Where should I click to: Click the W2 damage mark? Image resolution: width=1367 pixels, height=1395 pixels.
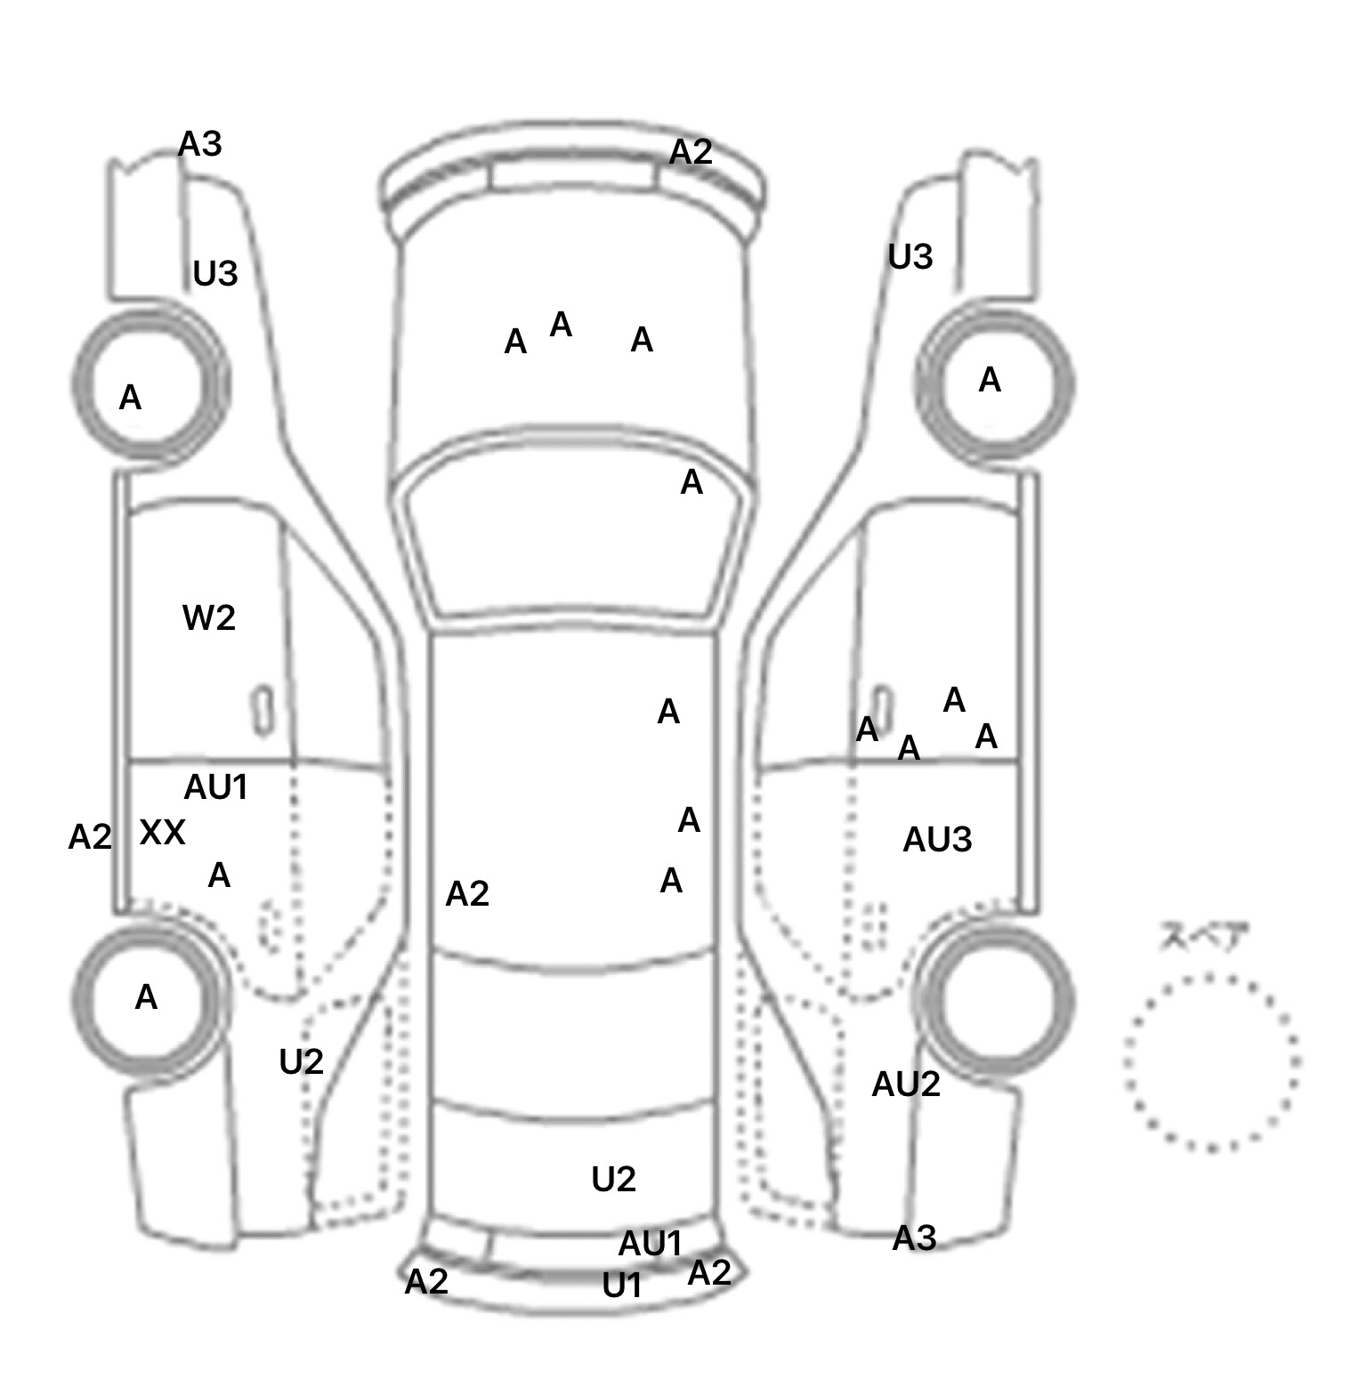209,617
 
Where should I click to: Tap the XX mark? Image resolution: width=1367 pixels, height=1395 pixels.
163,833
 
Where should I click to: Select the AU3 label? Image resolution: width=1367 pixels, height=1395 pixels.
937,839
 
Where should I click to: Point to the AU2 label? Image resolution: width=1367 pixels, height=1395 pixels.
906,1084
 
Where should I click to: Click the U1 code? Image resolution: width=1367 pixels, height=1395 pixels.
622,1285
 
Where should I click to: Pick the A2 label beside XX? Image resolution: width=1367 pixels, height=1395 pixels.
90,836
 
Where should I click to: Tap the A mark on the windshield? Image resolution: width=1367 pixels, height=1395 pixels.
692,482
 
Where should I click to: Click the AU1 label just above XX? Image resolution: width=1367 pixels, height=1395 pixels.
215,786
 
